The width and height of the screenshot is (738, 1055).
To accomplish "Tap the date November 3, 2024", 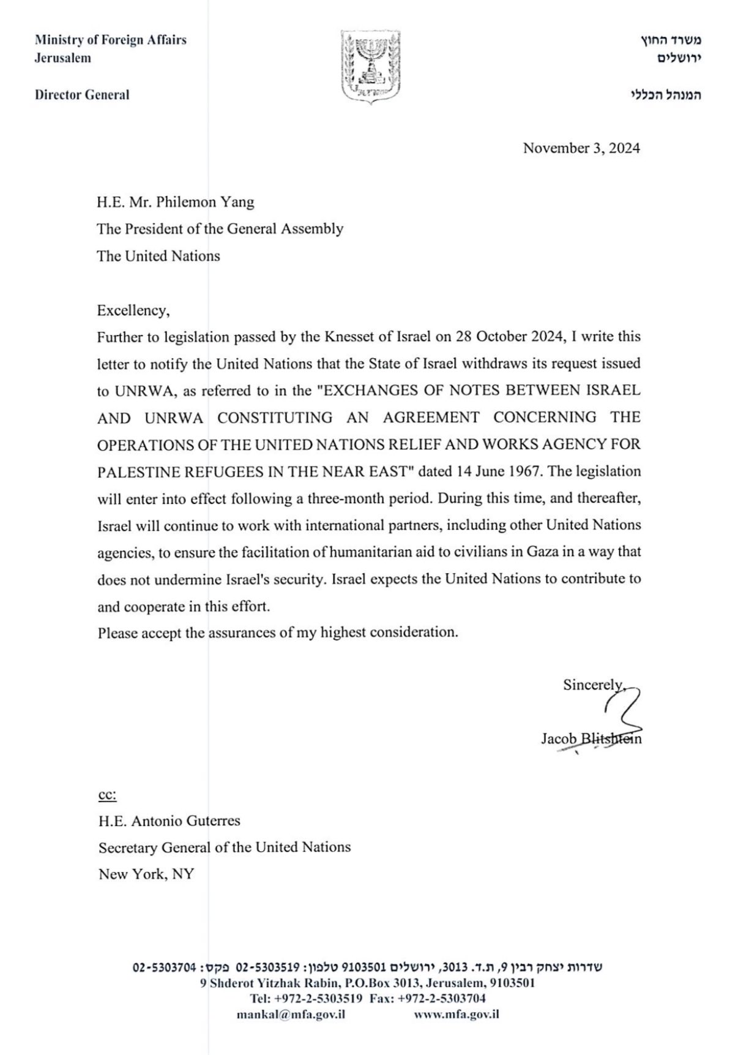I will (581, 148).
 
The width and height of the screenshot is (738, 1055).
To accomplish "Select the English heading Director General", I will (82, 95).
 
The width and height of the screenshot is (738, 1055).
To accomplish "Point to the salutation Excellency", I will (133, 310).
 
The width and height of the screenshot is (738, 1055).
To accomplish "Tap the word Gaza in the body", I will (540, 552).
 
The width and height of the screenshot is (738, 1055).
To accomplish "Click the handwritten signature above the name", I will (621, 710).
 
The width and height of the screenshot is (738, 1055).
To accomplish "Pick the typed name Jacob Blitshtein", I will (591, 739).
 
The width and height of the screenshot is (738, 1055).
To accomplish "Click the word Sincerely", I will (592, 685).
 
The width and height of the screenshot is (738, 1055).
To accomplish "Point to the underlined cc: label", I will (107, 795).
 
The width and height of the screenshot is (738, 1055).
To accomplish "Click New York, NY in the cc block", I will (146, 874).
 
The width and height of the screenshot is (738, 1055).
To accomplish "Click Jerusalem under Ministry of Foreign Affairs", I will (62, 58).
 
